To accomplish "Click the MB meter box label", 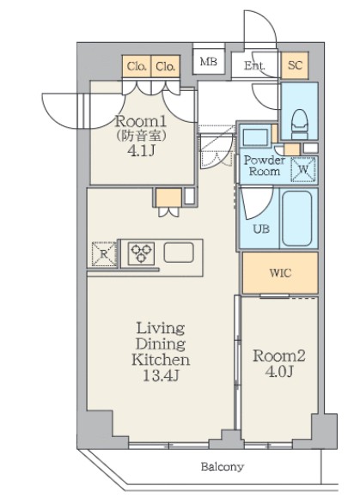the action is (x=209, y=61).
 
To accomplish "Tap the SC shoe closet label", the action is (x=295, y=65).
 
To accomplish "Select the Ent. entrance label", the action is (x=254, y=65).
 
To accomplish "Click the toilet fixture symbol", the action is (x=300, y=124).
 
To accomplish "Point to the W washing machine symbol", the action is (x=303, y=169).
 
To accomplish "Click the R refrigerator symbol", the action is (x=104, y=253).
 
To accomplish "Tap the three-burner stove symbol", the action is (x=141, y=253).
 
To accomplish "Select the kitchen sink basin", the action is (x=178, y=252).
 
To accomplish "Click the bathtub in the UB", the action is (x=296, y=218).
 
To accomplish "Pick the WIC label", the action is (x=280, y=272).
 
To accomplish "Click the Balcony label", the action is (x=223, y=466).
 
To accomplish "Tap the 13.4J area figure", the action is (x=161, y=376).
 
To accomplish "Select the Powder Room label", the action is (x=264, y=166).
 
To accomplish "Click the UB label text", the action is (x=261, y=228).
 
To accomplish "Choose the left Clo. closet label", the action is (x=137, y=66).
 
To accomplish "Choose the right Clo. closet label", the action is (x=165, y=66).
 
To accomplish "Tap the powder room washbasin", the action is (x=255, y=137).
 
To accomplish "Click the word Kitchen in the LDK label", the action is (x=161, y=360).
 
